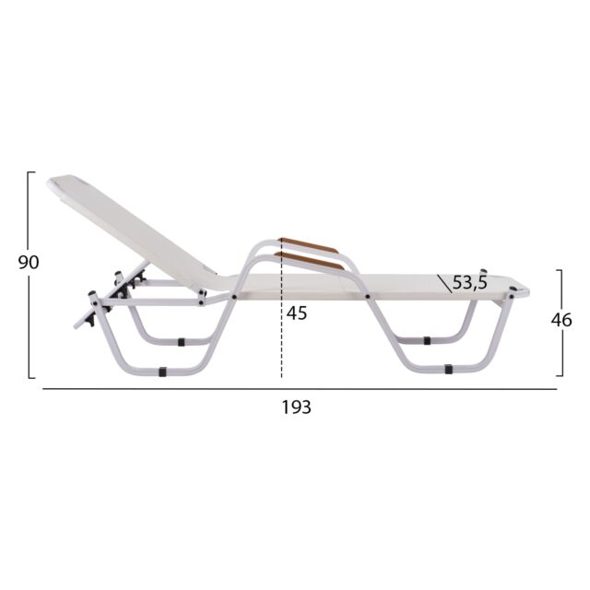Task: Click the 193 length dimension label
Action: tap(297, 407)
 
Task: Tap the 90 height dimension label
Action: tap(29, 262)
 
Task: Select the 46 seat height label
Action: tap(561, 320)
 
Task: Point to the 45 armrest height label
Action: tap(297, 313)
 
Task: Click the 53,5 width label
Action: tap(469, 282)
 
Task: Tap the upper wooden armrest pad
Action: tap(309, 245)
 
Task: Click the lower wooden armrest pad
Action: tap(310, 261)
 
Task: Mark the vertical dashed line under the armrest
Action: tap(281, 309)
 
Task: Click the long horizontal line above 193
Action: tap(300, 389)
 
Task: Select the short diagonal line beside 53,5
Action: tap(444, 284)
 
